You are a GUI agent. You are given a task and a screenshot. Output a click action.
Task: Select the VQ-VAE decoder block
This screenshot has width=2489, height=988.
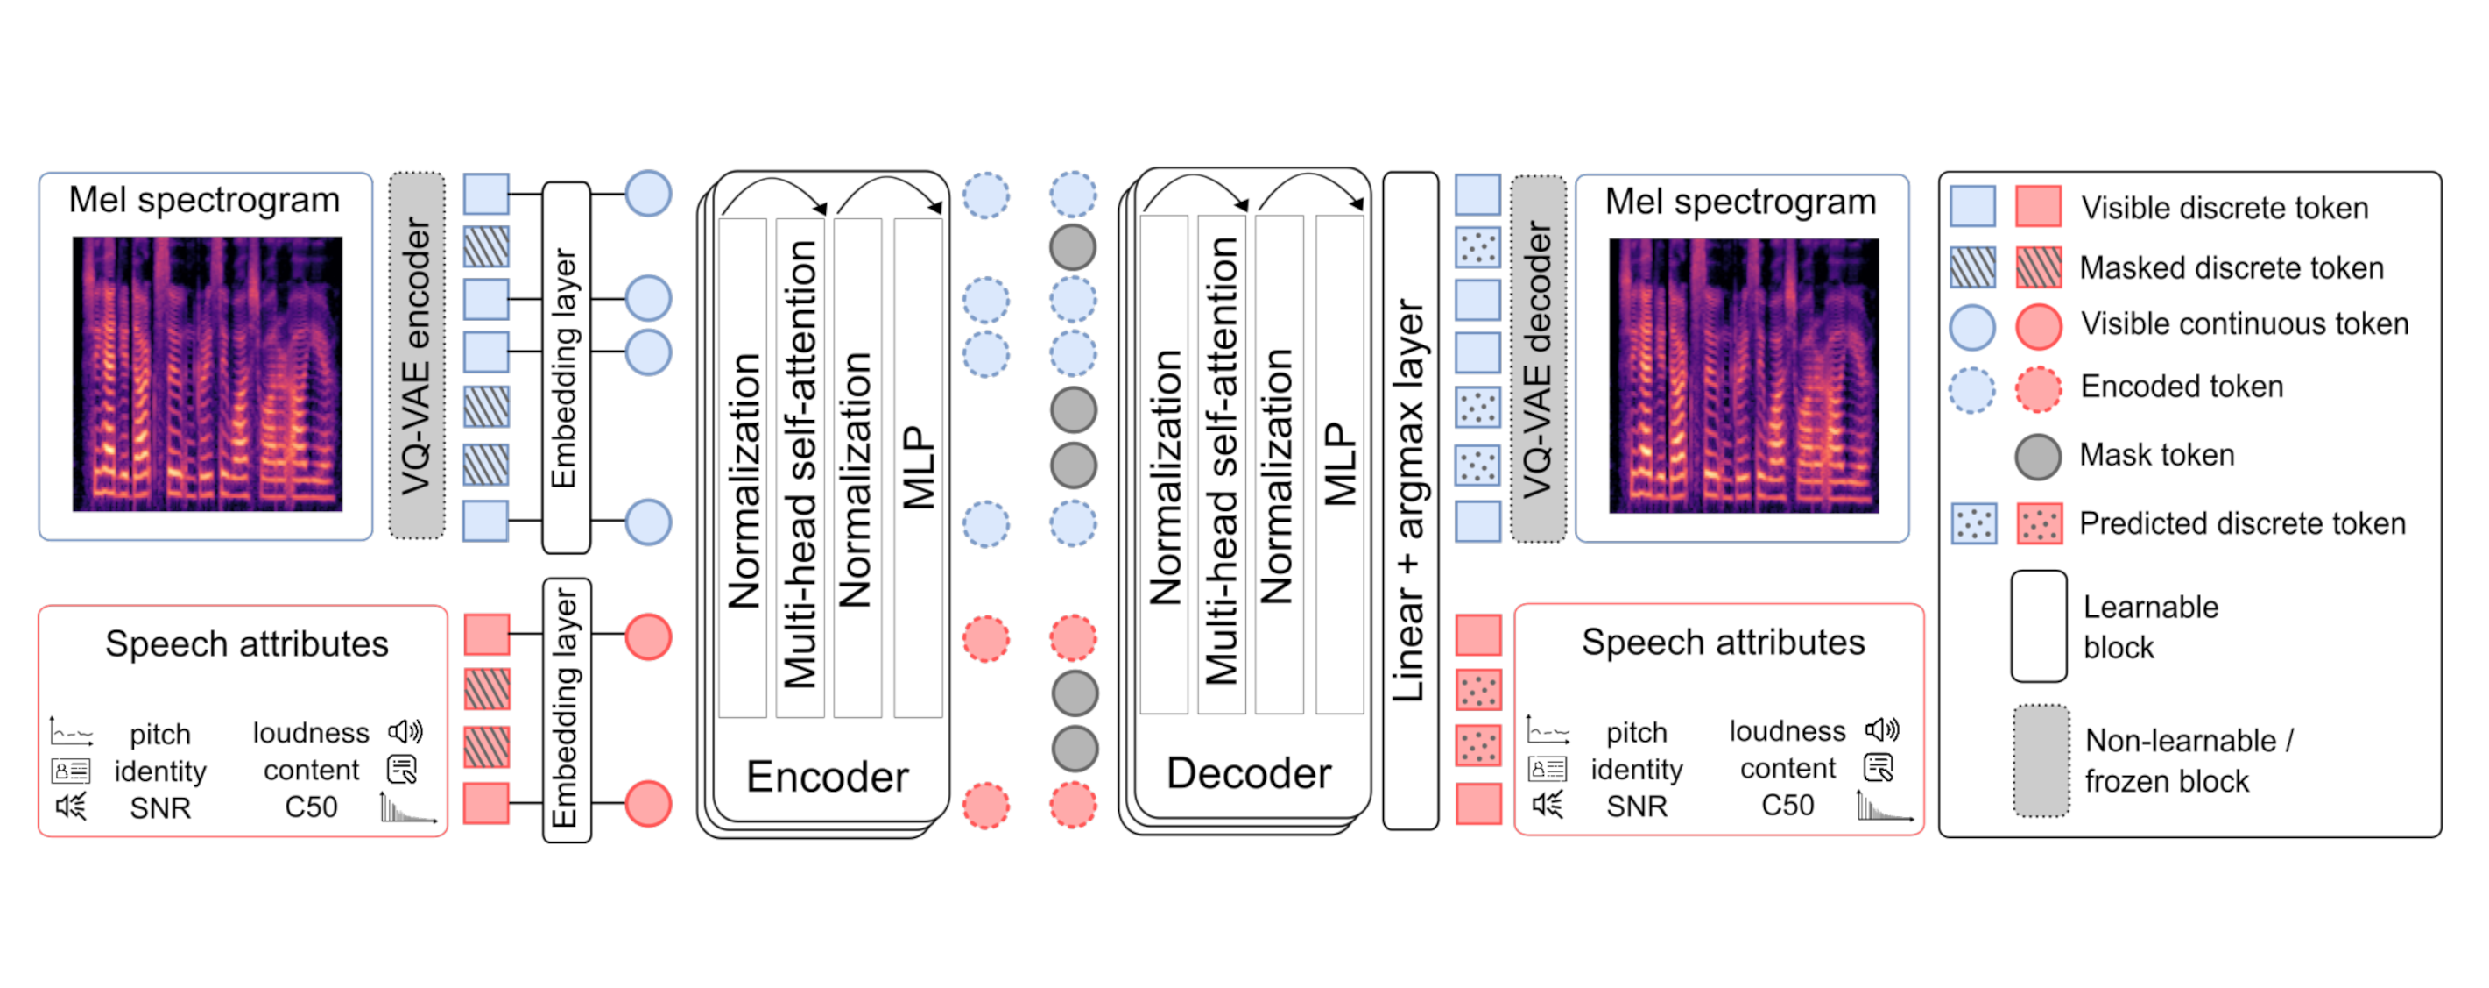(1536, 358)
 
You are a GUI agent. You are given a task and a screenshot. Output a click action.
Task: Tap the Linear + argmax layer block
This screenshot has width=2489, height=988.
(1410, 499)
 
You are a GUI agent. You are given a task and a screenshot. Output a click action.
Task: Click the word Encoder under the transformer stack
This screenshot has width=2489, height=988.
(827, 777)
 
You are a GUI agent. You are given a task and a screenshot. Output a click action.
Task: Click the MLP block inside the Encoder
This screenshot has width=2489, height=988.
(918, 468)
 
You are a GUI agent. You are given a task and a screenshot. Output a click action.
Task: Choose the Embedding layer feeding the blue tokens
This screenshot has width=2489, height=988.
(567, 367)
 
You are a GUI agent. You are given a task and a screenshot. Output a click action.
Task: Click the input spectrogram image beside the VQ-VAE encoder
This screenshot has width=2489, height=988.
(207, 374)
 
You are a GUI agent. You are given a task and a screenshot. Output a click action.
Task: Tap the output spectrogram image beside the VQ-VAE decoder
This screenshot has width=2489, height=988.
(1743, 375)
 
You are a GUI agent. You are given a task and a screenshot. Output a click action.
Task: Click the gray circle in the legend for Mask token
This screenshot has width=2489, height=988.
(2038, 456)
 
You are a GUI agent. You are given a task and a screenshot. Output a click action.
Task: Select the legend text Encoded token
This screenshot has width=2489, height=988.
(2182, 387)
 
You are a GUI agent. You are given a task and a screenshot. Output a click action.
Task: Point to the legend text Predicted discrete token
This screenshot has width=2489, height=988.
(2242, 523)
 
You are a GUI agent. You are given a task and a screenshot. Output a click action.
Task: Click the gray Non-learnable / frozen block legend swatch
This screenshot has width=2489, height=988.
(2041, 761)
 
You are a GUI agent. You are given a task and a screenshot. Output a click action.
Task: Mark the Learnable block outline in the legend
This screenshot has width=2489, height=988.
(2039, 625)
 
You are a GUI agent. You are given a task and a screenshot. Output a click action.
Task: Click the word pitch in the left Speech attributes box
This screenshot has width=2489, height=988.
(160, 734)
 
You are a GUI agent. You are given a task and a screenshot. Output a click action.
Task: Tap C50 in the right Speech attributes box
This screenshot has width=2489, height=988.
(1787, 804)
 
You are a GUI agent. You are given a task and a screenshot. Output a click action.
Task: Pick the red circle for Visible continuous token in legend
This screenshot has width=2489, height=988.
(2038, 326)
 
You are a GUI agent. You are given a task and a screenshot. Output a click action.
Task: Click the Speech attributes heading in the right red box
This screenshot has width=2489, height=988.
(1723, 642)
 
